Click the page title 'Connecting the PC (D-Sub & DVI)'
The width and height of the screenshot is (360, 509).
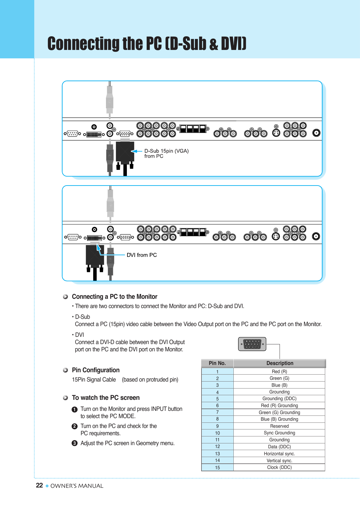tap(147, 44)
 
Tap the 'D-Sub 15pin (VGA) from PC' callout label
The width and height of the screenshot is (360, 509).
tap(166, 154)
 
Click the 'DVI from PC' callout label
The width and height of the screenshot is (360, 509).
tap(142, 255)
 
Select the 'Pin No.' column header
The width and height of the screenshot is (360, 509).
tap(217, 363)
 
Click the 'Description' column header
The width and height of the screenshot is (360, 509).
tap(280, 363)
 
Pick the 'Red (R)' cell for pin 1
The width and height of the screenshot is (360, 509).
tap(279, 371)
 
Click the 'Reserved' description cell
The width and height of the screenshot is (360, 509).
tap(279, 426)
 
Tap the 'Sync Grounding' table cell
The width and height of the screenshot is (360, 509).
tap(279, 433)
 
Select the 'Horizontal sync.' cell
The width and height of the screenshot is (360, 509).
tap(279, 454)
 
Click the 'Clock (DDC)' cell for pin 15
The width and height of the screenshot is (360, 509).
tap(279, 467)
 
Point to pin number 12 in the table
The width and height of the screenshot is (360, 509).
tap(217, 447)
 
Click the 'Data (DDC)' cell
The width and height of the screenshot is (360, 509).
tap(279, 447)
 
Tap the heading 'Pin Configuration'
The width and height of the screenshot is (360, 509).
tap(96, 370)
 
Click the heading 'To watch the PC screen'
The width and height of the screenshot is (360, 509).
tap(106, 398)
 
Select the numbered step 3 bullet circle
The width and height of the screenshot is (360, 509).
tap(75, 443)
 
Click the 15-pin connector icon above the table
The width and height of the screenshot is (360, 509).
tap(252, 344)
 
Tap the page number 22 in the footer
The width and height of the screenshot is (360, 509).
tap(39, 485)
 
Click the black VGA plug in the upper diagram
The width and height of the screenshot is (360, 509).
tap(125, 152)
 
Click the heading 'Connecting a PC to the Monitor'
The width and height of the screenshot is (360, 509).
tap(114, 296)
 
